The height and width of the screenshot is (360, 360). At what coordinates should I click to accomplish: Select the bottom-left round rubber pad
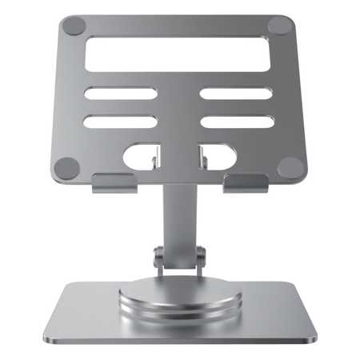67,167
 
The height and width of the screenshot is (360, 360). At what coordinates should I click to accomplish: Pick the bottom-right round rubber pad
290,167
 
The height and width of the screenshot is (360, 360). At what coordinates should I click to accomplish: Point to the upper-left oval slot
119,94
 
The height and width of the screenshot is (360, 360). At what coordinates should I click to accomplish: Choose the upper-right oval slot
236,94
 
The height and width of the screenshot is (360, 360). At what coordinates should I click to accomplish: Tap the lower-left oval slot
119,122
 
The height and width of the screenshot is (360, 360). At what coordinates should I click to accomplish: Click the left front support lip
112,183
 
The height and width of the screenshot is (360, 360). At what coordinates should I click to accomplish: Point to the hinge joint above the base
179,258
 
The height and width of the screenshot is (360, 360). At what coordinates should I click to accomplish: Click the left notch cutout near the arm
142,157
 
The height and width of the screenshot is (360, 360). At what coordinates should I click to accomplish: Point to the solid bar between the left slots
119,108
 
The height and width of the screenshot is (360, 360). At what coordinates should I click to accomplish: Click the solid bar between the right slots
237,108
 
